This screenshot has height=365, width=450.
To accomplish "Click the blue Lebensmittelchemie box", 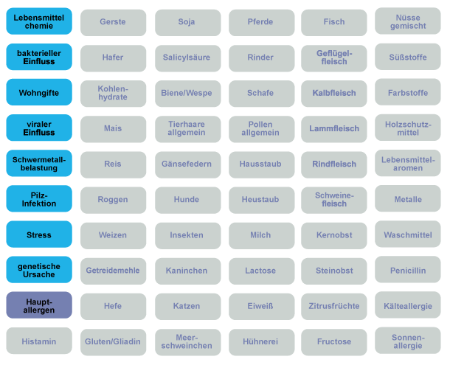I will [39, 21].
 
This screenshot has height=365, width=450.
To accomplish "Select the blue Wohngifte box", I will [39, 93].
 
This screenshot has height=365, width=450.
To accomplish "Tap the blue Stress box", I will [39, 235].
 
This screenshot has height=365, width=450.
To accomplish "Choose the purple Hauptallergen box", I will [39, 306].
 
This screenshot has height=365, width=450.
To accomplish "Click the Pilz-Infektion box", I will [39, 199].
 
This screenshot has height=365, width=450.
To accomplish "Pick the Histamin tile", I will [39, 341].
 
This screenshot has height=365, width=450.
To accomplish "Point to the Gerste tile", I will [113, 22].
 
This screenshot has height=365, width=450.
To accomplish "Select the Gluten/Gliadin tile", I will [113, 341].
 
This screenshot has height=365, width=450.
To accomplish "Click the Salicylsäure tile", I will [187, 58].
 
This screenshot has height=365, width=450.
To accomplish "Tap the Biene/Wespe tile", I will [187, 93].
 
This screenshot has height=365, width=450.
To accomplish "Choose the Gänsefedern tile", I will [187, 164].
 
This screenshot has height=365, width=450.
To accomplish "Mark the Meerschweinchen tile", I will [187, 341].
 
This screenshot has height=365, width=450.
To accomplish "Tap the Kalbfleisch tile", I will [333, 93].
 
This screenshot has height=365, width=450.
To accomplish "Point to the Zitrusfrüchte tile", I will [333, 306].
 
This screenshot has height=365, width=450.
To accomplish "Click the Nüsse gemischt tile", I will [408, 21].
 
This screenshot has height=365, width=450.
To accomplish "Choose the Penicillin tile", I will [408, 271].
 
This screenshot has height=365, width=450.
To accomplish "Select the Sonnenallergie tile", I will [408, 341].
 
